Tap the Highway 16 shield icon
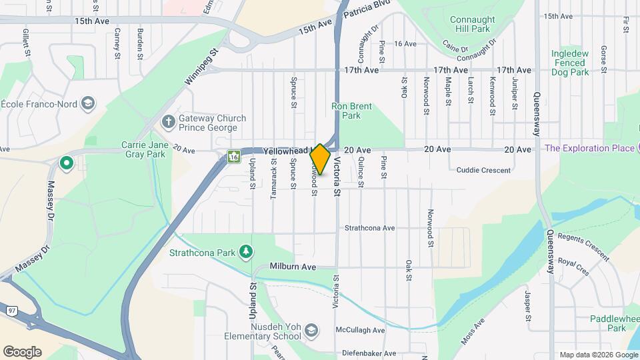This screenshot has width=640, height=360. point(233,157)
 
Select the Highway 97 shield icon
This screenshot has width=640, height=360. point(12,311)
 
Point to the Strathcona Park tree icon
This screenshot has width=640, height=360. point(247,251)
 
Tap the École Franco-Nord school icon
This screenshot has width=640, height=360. point(89,103)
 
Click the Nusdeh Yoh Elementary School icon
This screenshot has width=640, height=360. point(311,331)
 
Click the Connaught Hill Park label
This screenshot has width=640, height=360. point(479,24)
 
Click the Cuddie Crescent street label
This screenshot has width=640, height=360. point(483,170)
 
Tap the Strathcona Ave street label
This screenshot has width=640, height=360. point(369,228)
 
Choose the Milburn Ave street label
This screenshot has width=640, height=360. point(292,266)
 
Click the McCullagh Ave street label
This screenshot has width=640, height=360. point(361,330)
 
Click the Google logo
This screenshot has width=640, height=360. point(22,351)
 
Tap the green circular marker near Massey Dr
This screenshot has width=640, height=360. point(67,163)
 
